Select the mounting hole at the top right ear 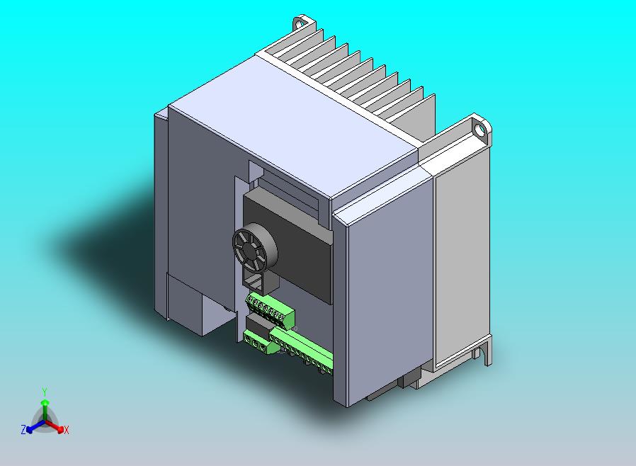coord(482,130)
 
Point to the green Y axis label coord(45,391)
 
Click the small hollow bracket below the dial coord(259,282)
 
